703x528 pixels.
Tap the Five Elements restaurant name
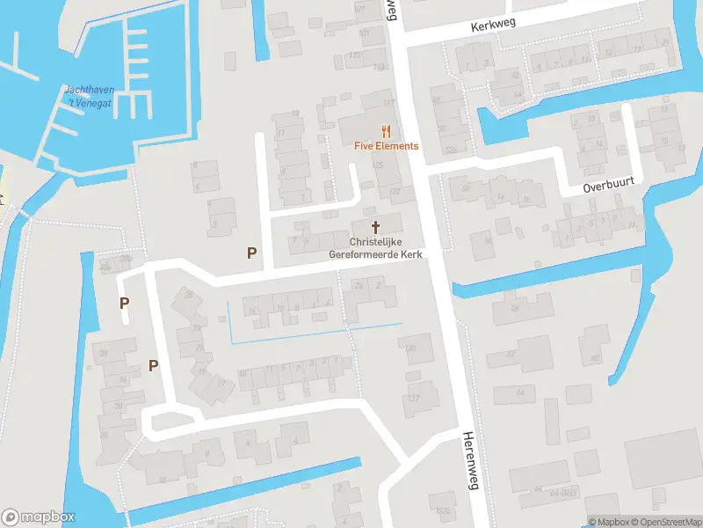coord(387,146)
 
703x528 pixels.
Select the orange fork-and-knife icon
coord(386,131)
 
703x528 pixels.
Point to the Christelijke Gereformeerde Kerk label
coord(375,247)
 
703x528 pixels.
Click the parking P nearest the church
coord(251,253)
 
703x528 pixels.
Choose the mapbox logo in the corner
coord(39,517)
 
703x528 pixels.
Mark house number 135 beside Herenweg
coord(409,348)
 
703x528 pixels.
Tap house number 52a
coord(450,150)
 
